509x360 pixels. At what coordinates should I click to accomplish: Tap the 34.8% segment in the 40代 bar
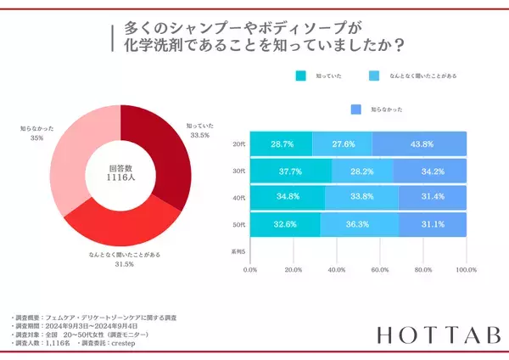[x=288, y=199]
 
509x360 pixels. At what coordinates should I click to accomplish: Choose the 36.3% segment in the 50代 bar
[x=360, y=225]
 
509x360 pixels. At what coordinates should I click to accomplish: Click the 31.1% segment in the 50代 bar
[x=433, y=225]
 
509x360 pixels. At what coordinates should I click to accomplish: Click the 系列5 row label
[x=239, y=252]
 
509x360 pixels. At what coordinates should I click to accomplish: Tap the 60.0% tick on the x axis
[x=379, y=271]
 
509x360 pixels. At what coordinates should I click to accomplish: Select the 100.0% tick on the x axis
[x=465, y=271]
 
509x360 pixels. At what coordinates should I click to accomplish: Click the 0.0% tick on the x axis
[x=250, y=271]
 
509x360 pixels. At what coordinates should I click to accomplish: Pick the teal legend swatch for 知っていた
[x=301, y=76]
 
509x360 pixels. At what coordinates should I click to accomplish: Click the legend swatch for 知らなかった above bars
[x=355, y=109]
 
